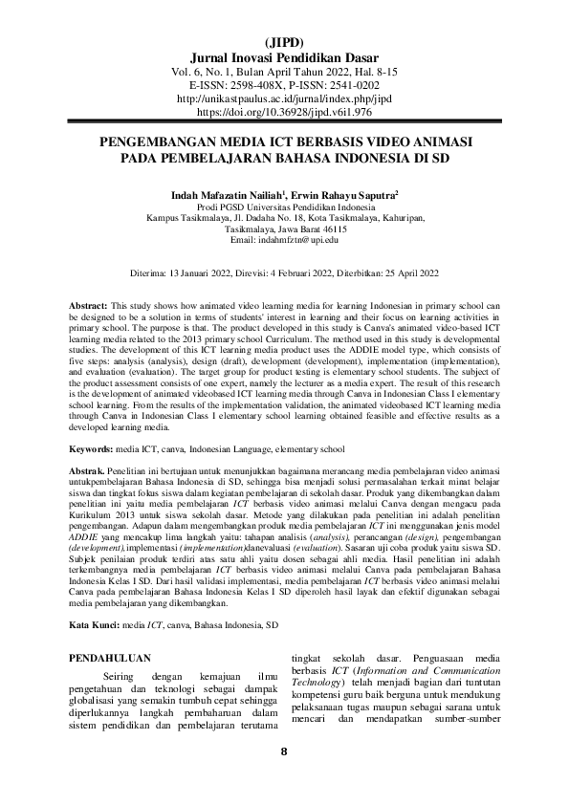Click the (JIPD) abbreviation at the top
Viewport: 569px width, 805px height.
click(284, 43)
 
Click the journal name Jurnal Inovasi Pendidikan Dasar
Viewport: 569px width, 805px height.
click(284, 57)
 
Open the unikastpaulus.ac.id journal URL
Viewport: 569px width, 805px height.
click(284, 98)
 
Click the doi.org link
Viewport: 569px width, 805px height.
click(284, 111)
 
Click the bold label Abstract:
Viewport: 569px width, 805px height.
click(90, 303)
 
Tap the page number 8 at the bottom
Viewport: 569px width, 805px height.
click(284, 775)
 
